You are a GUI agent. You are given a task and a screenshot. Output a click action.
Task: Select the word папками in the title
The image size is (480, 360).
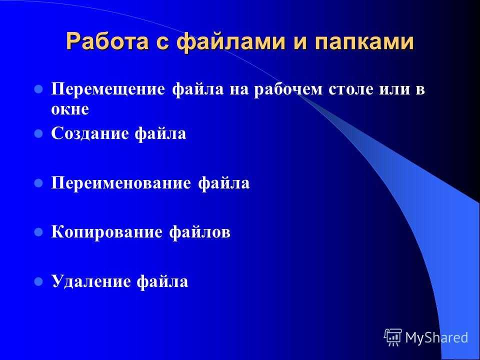click(364, 42)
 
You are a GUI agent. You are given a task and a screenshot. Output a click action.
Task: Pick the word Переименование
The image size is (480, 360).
click(121, 183)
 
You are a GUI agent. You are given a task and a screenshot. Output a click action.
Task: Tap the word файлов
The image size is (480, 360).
click(199, 231)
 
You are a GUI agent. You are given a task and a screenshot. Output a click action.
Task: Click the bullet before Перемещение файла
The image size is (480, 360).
click(38, 89)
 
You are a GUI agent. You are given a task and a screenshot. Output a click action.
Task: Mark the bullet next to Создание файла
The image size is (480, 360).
click(38, 133)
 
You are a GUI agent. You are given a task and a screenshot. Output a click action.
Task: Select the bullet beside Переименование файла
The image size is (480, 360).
click(38, 183)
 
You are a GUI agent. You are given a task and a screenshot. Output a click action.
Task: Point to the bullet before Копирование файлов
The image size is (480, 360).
click(38, 232)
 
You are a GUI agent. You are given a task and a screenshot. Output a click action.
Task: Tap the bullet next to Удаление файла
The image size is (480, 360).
click(38, 281)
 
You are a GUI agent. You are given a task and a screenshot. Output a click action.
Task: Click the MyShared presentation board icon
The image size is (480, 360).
click(393, 337)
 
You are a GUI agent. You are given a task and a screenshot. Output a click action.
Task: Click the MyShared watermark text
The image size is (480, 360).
click(437, 337)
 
